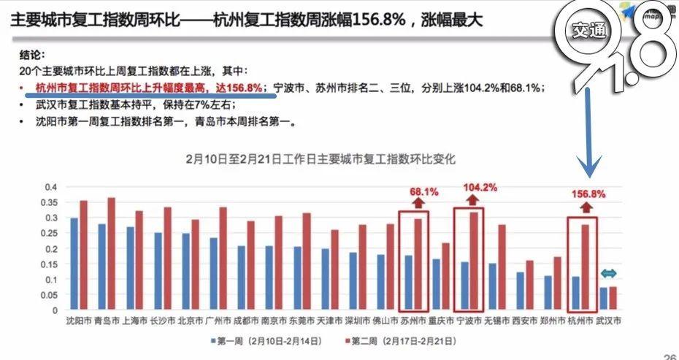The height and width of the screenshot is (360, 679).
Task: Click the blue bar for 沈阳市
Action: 74,264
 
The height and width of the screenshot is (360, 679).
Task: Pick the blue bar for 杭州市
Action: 575,293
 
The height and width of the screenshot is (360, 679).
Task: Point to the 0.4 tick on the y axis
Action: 51,187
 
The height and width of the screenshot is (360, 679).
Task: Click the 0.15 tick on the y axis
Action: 50,264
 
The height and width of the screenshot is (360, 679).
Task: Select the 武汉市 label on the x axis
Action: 607,320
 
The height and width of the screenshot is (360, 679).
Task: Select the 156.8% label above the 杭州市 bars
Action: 588,194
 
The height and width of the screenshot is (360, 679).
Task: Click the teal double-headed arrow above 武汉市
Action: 609,274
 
